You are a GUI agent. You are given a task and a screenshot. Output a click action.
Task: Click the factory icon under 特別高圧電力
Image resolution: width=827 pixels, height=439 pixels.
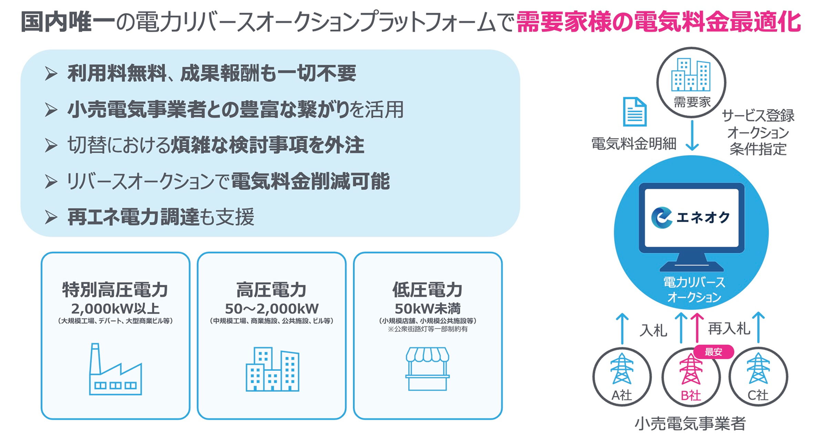[115, 369]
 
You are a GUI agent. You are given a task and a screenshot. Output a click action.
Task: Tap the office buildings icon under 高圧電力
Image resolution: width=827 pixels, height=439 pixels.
[272, 369]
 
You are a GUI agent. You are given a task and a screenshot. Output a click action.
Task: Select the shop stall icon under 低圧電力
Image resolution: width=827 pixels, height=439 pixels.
[427, 369]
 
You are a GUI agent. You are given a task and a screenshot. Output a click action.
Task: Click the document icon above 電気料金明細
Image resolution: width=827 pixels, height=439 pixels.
[635, 112]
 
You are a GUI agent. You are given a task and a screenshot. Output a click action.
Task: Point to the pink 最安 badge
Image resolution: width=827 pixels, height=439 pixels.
[713, 352]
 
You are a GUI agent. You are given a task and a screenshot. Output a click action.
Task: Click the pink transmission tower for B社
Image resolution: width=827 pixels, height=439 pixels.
[691, 369]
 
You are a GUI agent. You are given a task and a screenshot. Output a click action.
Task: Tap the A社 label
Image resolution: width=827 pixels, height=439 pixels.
[622, 395]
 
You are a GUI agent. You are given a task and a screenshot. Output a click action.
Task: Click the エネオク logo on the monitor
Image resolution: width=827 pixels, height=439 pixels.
[691, 217]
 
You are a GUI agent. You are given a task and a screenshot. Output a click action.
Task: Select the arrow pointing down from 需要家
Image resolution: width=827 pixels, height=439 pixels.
[692, 135]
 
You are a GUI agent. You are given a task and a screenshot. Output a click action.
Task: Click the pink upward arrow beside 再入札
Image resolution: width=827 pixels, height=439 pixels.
[697, 328]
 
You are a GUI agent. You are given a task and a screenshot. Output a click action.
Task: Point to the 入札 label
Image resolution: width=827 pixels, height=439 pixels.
[653, 330]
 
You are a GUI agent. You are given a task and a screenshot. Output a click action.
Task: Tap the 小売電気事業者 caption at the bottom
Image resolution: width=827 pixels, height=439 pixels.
[690, 423]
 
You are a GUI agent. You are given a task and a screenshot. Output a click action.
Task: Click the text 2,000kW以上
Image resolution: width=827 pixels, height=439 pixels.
[115, 308]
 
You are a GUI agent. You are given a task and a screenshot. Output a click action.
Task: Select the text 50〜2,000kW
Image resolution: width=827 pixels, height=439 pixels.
[272, 308]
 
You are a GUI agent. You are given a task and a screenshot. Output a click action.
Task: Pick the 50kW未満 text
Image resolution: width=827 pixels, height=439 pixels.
[428, 308]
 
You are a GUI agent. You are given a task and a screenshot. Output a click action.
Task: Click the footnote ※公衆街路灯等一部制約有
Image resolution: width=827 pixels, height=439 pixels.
[428, 329]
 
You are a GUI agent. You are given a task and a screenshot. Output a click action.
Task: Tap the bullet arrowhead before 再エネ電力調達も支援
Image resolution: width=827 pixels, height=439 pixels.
[51, 217]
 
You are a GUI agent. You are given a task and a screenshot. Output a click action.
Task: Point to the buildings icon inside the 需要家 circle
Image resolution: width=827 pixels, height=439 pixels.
[691, 74]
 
